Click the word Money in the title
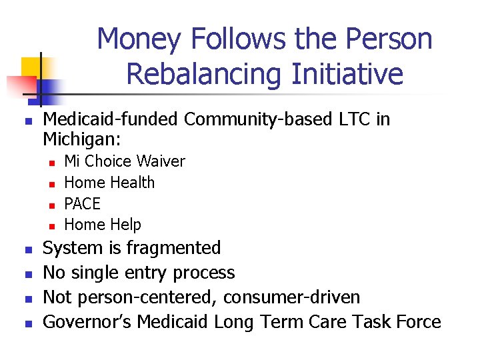139,39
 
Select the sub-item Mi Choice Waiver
124,161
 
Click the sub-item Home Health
109,183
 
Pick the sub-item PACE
82,203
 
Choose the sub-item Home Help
102,225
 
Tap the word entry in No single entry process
146,273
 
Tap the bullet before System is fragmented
27,249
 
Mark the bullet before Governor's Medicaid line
27,323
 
